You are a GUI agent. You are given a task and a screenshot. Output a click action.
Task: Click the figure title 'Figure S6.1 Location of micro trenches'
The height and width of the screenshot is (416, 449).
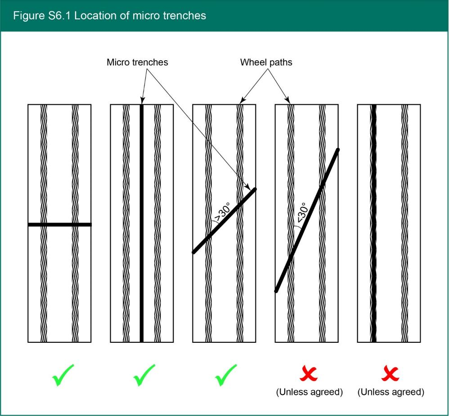109,16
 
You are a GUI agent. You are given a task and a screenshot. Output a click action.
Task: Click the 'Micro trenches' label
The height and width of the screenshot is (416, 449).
137,63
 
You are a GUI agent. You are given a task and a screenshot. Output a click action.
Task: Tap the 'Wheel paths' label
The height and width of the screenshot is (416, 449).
266,63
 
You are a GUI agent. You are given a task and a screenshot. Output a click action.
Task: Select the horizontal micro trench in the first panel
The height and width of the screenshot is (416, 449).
59,224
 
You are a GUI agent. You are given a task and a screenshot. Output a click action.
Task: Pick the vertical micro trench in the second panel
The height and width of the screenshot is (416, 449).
141,270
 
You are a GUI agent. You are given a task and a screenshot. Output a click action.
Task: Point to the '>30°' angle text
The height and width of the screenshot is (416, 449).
222,212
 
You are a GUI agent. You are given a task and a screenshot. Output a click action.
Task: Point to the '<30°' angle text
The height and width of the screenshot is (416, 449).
302,213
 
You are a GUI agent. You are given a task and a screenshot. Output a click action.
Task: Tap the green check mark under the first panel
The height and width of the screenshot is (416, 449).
63,375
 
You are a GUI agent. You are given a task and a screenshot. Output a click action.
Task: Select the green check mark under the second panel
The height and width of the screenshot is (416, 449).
144,375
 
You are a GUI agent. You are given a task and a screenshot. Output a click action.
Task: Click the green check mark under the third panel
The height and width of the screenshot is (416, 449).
226,375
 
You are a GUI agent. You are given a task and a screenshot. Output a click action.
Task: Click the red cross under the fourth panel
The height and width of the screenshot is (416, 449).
309,373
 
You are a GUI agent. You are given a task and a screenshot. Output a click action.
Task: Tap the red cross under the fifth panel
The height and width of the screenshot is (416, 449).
391,373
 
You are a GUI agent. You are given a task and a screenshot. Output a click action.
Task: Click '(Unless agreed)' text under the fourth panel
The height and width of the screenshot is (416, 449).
309,392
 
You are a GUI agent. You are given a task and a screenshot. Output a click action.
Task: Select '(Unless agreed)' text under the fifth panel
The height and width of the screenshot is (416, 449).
391,392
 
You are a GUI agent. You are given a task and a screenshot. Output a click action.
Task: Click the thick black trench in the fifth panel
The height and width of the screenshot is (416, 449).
373,225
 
